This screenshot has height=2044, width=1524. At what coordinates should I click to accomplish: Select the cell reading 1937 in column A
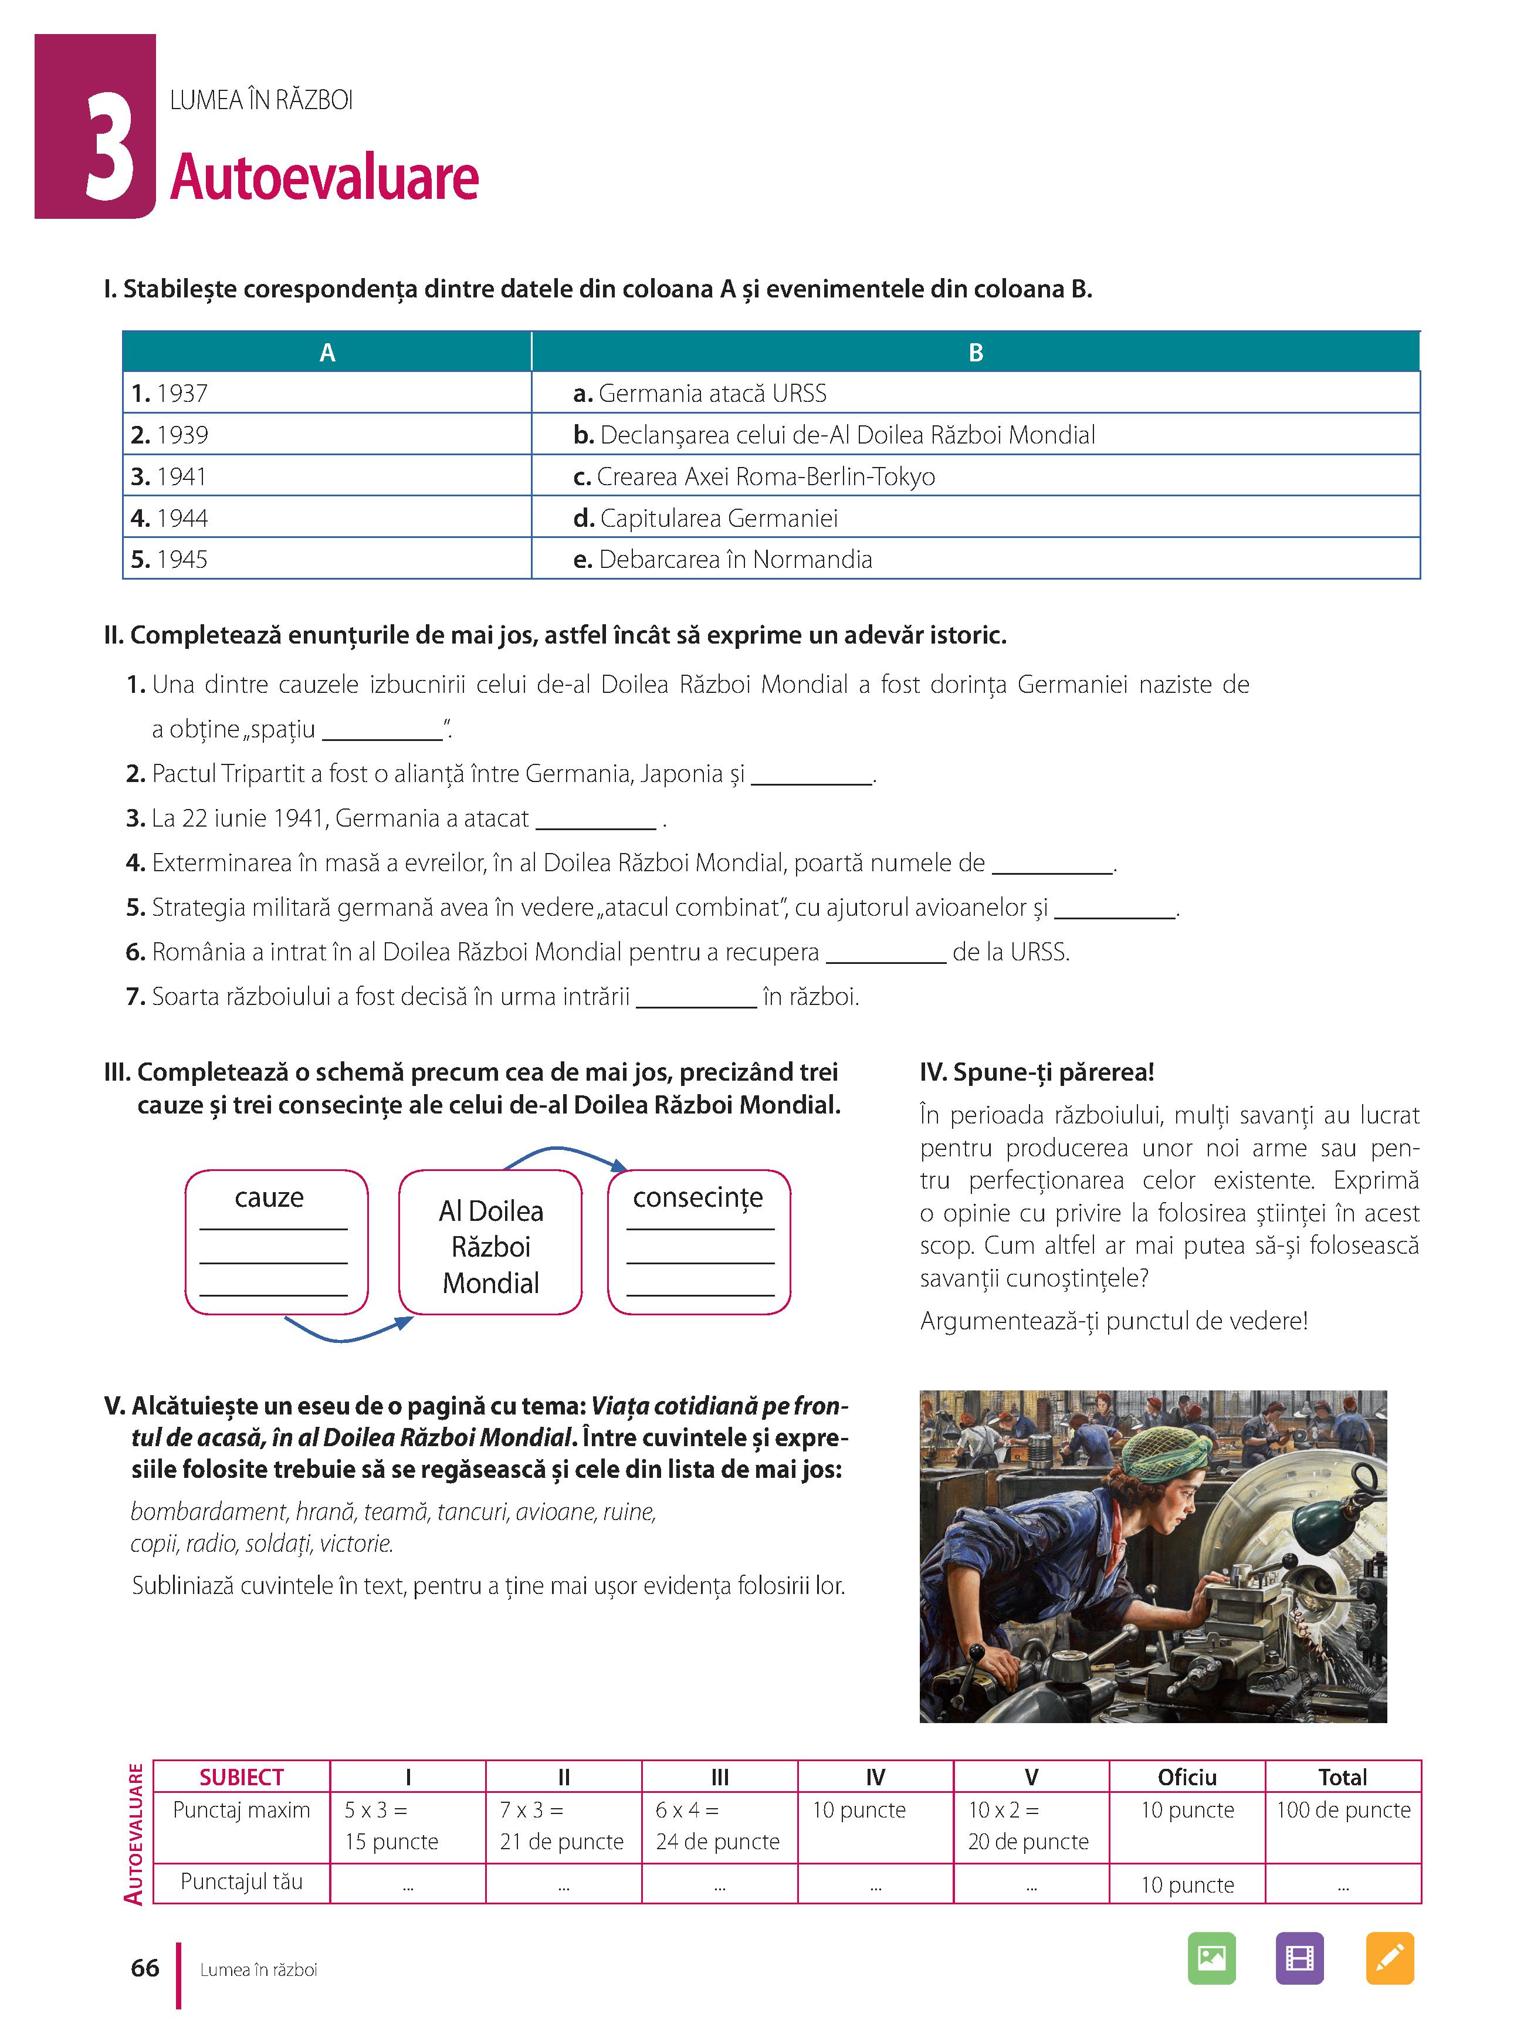pyautogui.click(x=182, y=394)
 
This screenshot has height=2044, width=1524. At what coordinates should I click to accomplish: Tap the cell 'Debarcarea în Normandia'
pyautogui.click(x=734, y=559)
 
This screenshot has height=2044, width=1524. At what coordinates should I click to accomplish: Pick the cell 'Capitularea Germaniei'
pyautogui.click(x=718, y=519)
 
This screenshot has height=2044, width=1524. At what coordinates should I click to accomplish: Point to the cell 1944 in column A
pyautogui.click(x=182, y=519)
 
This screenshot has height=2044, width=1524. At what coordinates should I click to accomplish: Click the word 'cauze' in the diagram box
pyautogui.click(x=269, y=1197)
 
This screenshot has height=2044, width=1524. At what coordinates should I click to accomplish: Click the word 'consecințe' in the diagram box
pyautogui.click(x=697, y=1197)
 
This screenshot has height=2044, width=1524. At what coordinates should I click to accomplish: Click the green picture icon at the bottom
pyautogui.click(x=1211, y=1957)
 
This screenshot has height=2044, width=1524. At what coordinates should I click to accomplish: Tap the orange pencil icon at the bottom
pyautogui.click(x=1388, y=1957)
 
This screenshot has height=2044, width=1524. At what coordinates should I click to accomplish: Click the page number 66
pyautogui.click(x=145, y=1968)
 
